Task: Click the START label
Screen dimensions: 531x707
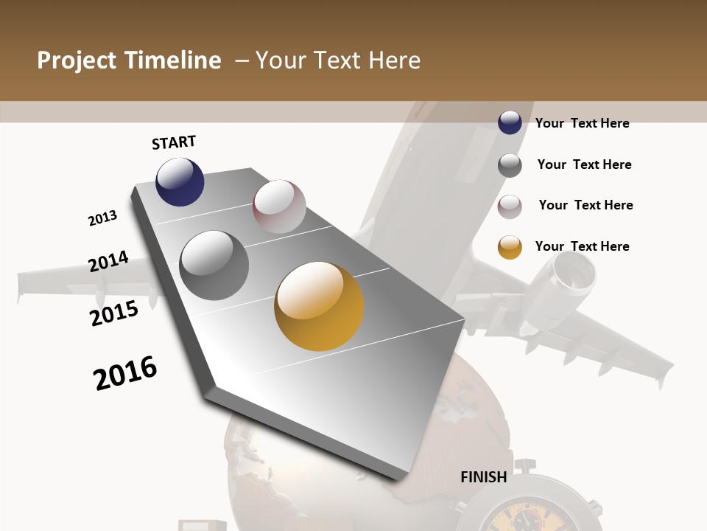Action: pyautogui.click(x=174, y=142)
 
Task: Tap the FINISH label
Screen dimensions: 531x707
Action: pyautogui.click(x=484, y=477)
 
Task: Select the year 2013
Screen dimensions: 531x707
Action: pyautogui.click(x=102, y=218)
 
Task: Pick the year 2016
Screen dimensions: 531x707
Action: pyautogui.click(x=125, y=373)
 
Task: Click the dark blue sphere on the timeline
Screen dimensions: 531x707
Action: pyautogui.click(x=180, y=181)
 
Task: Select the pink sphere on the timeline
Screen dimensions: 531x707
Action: pyautogui.click(x=279, y=206)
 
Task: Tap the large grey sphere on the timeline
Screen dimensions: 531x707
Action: pyautogui.click(x=214, y=265)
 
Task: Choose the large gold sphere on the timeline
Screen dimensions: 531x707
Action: pyautogui.click(x=319, y=306)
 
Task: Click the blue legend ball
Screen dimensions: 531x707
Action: pyautogui.click(x=510, y=123)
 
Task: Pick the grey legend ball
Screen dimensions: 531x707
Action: pyautogui.click(x=510, y=165)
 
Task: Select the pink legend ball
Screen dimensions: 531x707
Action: pyautogui.click(x=510, y=206)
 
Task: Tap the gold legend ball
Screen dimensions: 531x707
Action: pyautogui.click(x=510, y=247)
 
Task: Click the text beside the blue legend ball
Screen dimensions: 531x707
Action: pyautogui.click(x=582, y=123)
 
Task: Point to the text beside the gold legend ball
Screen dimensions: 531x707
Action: pyautogui.click(x=582, y=246)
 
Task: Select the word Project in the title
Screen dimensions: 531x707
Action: pyautogui.click(x=77, y=60)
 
